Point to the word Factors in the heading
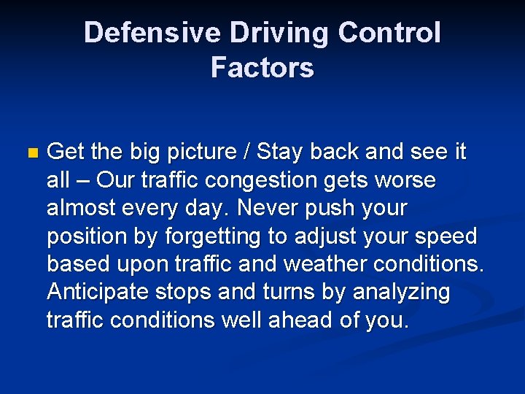point(262,68)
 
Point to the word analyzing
point(401,292)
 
